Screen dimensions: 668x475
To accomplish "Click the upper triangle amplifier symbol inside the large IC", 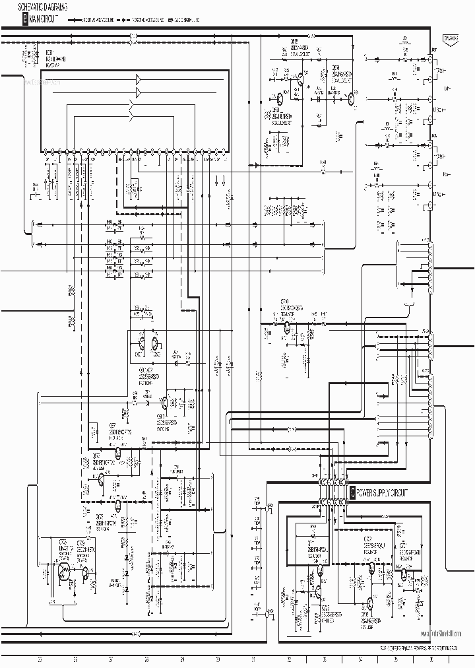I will click(x=138, y=79).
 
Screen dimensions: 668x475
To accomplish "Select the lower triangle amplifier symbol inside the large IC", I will click(x=138, y=91).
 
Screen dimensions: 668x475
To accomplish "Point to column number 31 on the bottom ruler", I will click(x=253, y=659).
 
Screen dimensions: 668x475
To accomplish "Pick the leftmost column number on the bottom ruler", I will click(x=39, y=659).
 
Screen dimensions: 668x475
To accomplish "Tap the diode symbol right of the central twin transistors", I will click(x=176, y=362).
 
